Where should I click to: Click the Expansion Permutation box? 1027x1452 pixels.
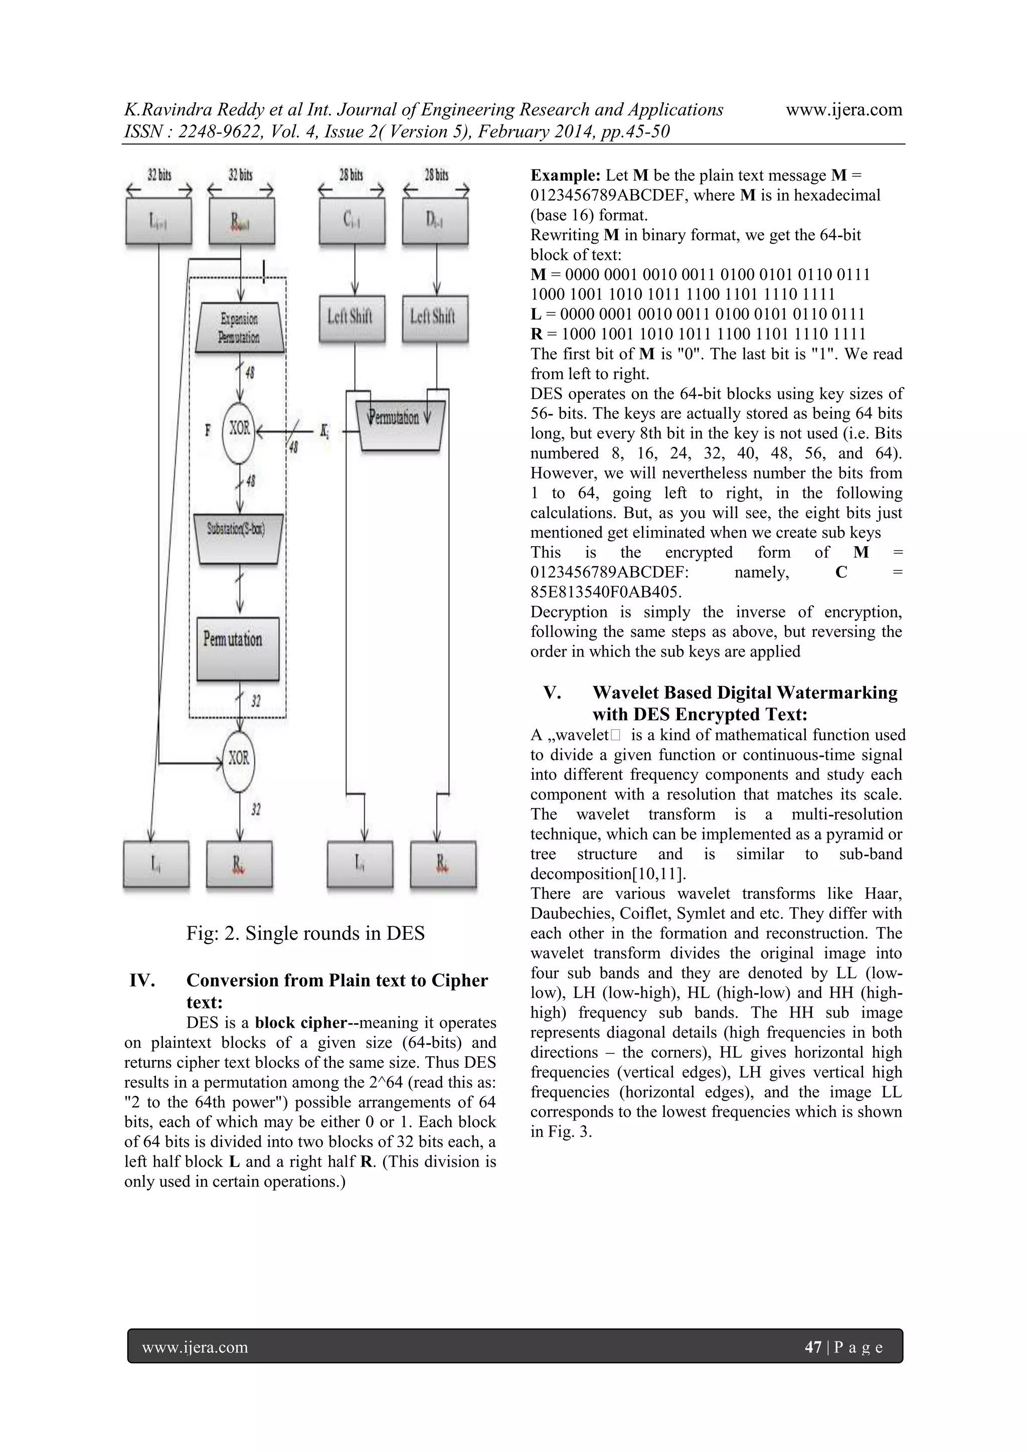239,328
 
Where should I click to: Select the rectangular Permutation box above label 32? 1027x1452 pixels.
238,648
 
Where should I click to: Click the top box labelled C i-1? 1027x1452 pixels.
352,221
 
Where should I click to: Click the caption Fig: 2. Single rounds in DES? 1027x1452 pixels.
305,933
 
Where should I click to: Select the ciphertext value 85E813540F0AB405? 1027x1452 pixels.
606,592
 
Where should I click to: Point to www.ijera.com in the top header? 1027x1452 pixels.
843,110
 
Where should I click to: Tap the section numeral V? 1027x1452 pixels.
552,693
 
